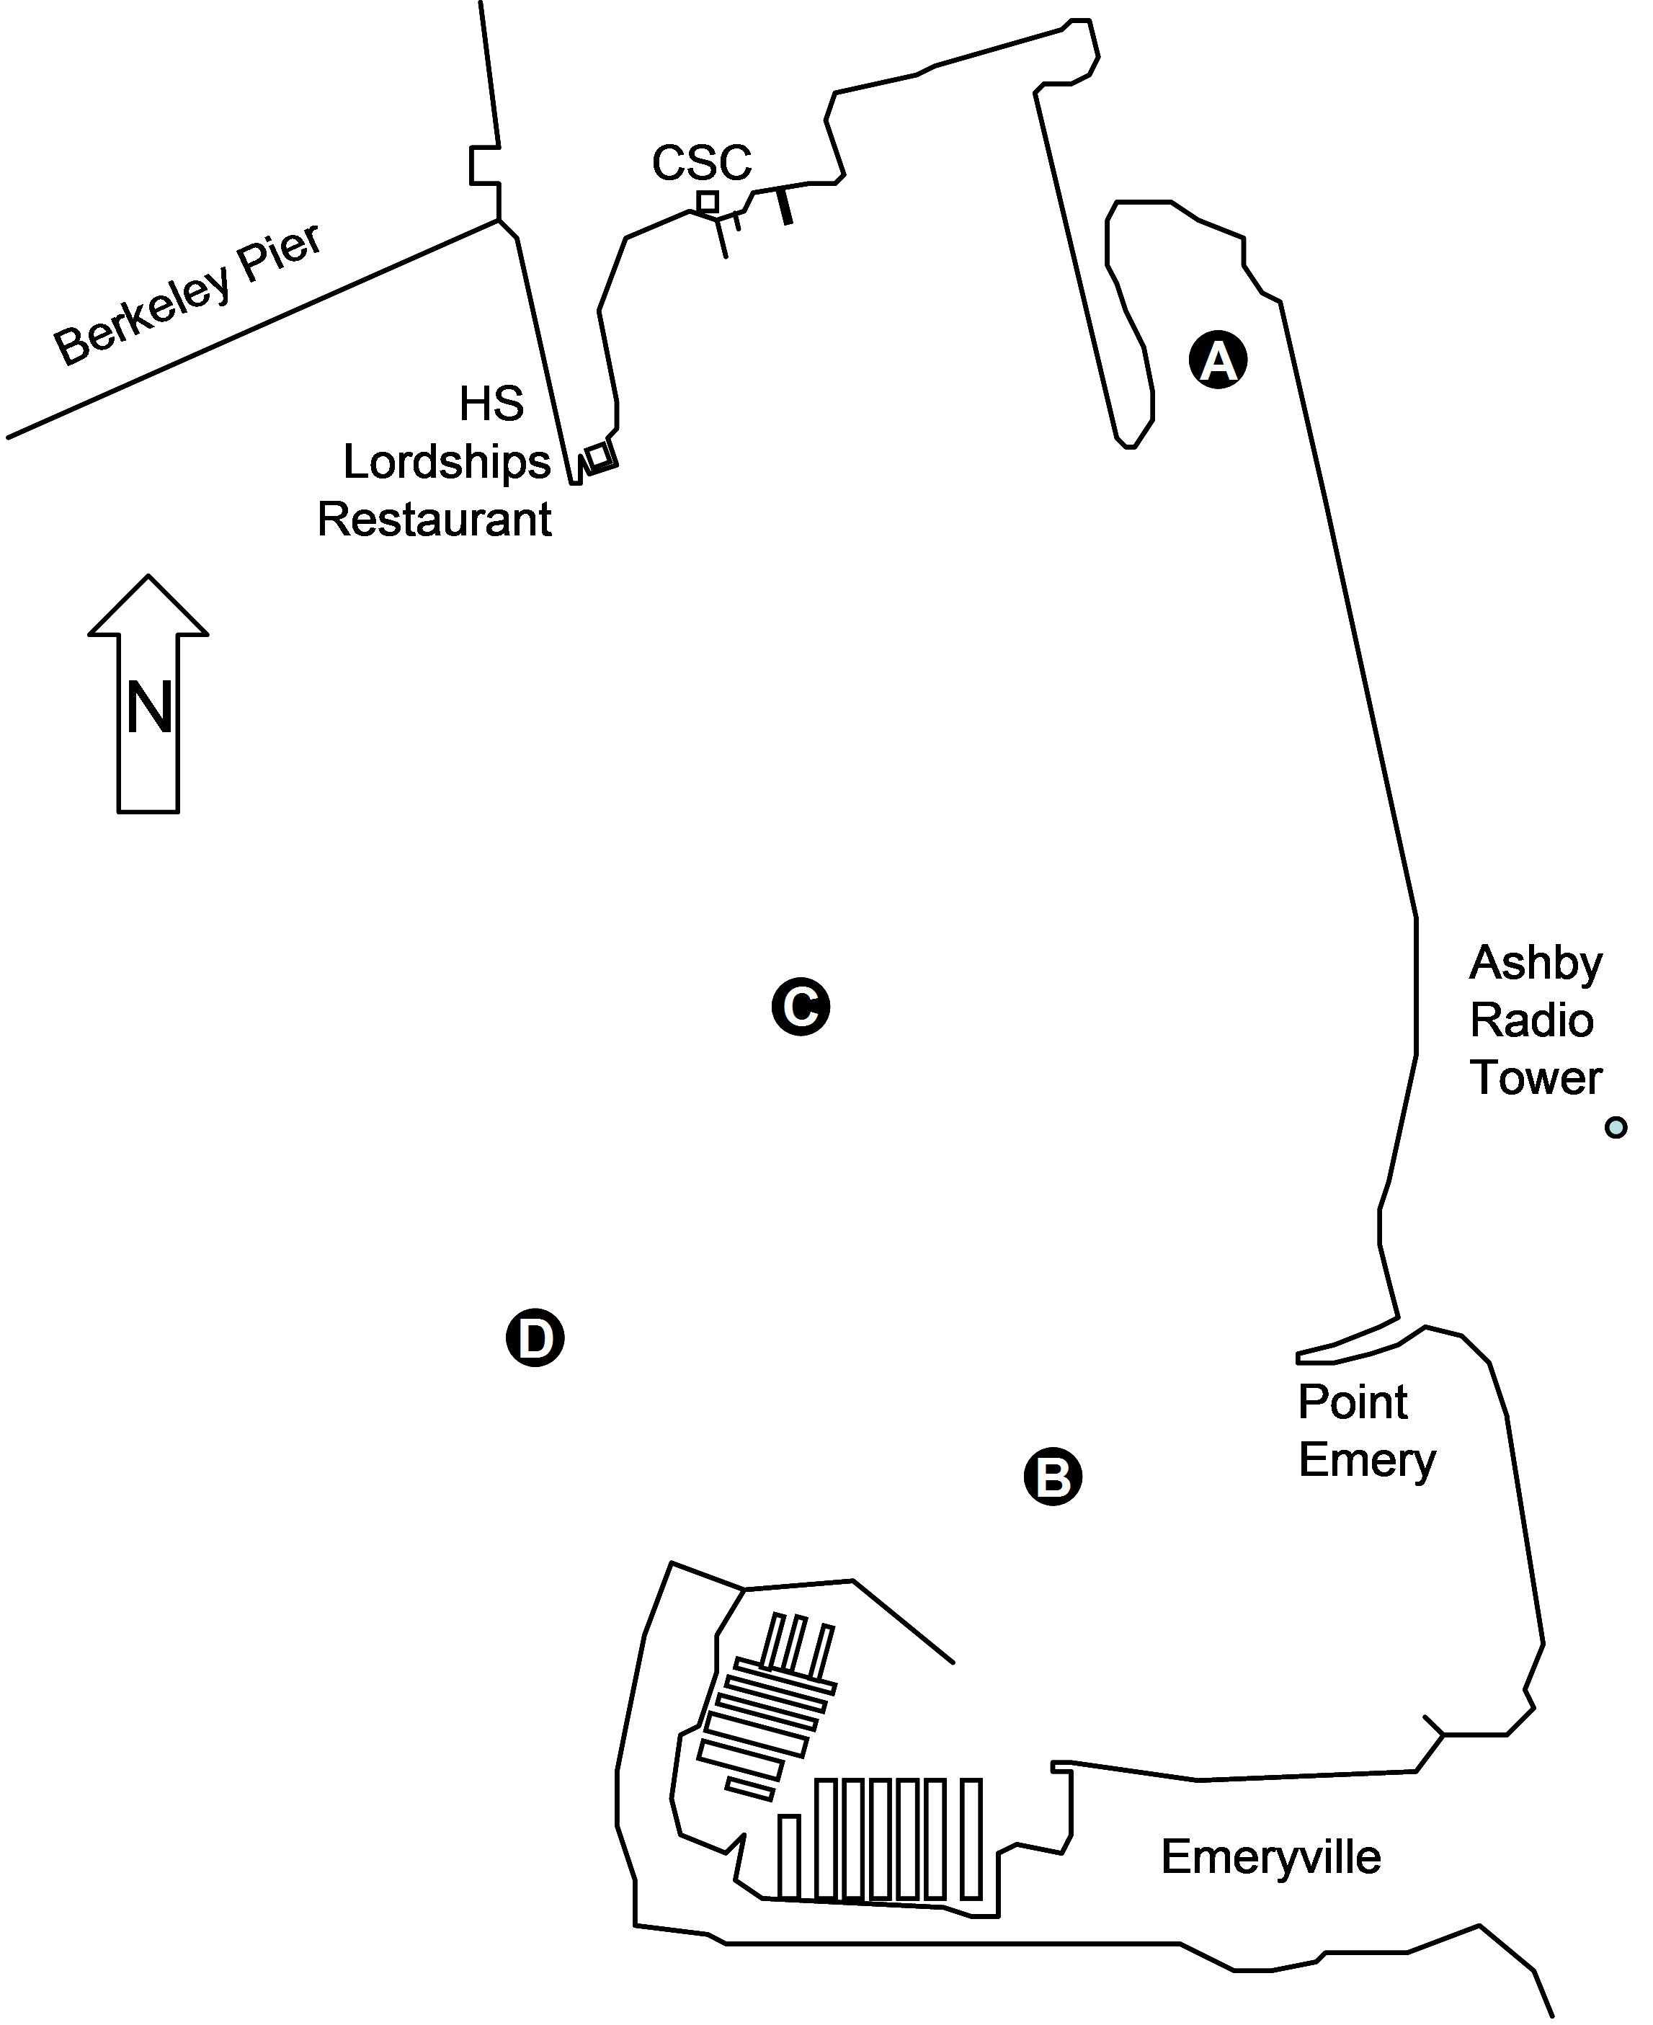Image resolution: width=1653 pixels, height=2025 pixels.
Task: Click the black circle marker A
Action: pyautogui.click(x=1218, y=360)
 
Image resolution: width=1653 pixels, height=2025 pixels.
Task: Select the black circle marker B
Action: pyautogui.click(x=1052, y=1477)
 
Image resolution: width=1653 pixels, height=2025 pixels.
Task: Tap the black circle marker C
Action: pyautogui.click(x=800, y=1006)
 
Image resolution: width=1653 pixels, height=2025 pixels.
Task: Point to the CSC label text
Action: pyautogui.click(x=702, y=163)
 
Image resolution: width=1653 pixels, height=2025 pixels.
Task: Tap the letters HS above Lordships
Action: pyautogui.click(x=491, y=404)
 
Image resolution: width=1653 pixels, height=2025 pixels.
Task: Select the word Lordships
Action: pyautogui.click(x=447, y=462)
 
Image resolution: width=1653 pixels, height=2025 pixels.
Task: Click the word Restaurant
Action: pyautogui.click(x=435, y=520)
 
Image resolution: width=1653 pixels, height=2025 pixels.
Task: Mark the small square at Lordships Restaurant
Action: pyautogui.click(x=598, y=457)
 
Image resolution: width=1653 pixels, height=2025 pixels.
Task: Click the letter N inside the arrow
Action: pyautogui.click(x=149, y=709)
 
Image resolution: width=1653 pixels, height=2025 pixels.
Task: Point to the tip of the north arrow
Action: pyautogui.click(x=148, y=578)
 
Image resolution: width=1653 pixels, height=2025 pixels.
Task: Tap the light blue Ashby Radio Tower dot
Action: pyautogui.click(x=1615, y=1127)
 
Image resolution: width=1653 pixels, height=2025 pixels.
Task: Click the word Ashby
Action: pyautogui.click(x=1535, y=963)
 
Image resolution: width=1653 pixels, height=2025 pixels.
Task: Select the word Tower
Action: pyautogui.click(x=1535, y=1077)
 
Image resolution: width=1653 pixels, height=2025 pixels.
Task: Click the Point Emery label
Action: pyautogui.click(x=1365, y=1430)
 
